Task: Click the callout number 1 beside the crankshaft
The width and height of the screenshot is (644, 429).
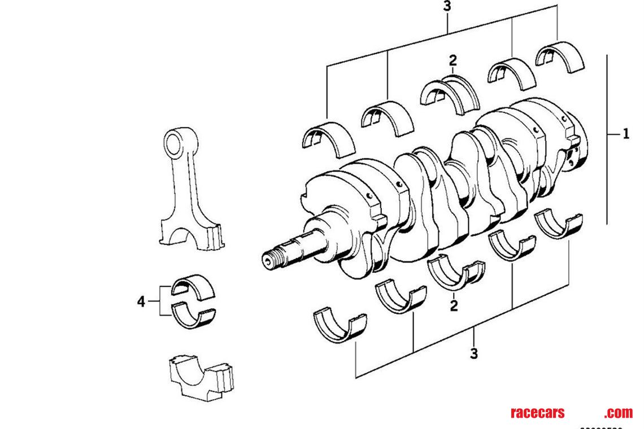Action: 625,134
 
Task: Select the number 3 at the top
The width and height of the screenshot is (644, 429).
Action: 447,6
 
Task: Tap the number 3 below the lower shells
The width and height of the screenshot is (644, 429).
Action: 473,354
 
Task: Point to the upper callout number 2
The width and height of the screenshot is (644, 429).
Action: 452,60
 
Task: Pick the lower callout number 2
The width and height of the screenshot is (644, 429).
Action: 454,306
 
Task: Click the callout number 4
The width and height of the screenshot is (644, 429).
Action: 141,301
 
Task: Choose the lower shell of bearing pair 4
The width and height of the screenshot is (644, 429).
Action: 193,316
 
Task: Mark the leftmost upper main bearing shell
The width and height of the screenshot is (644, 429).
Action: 328,138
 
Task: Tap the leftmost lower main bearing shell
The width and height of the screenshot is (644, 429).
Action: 340,326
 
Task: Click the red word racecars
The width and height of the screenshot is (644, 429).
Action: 537,413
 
